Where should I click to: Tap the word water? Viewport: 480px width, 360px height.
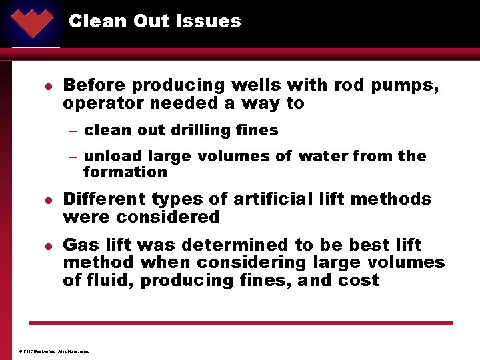point(324,156)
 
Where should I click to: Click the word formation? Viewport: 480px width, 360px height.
point(125,172)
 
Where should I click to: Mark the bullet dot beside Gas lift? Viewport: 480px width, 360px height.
point(40,246)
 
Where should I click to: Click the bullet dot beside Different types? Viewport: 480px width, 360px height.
point(40,200)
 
